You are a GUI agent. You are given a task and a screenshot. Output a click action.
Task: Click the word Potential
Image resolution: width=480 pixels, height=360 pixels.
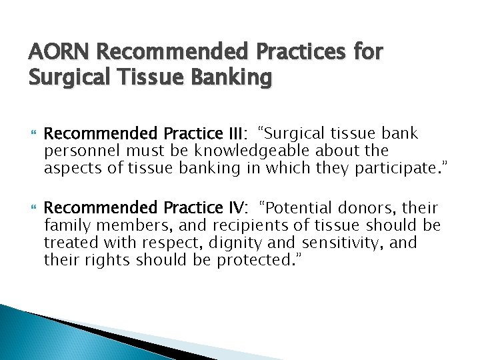tap(299, 209)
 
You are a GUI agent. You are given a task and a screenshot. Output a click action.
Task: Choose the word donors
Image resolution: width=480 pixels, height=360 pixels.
tap(373, 209)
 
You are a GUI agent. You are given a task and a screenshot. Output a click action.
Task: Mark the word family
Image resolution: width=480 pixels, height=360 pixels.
tap(65, 226)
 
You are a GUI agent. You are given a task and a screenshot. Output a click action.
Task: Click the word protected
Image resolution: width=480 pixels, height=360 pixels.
tap(257, 261)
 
